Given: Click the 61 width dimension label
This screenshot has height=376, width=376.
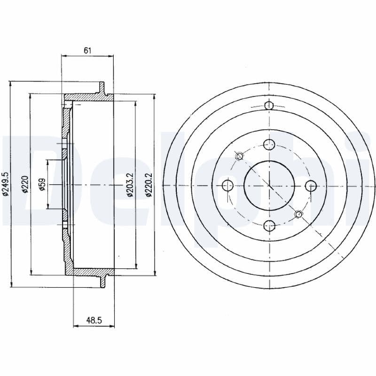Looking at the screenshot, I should tap(87, 50).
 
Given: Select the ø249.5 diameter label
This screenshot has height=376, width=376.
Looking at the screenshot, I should tap(5, 184).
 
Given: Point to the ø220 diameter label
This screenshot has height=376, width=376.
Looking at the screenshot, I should tap(25, 184).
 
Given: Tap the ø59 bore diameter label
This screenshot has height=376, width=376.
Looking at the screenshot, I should tap(42, 184).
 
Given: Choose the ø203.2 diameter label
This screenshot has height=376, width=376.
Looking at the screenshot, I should tap(130, 184).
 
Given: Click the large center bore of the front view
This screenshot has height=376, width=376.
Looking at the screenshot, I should tap(268, 185).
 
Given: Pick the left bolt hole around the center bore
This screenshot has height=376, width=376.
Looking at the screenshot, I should tap(227, 185).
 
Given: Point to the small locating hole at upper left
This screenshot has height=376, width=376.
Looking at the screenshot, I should tap(239, 156).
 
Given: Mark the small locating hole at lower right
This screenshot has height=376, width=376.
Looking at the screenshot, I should tap(298, 215).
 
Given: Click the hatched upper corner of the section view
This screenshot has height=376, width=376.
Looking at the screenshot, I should tap(70, 100).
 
